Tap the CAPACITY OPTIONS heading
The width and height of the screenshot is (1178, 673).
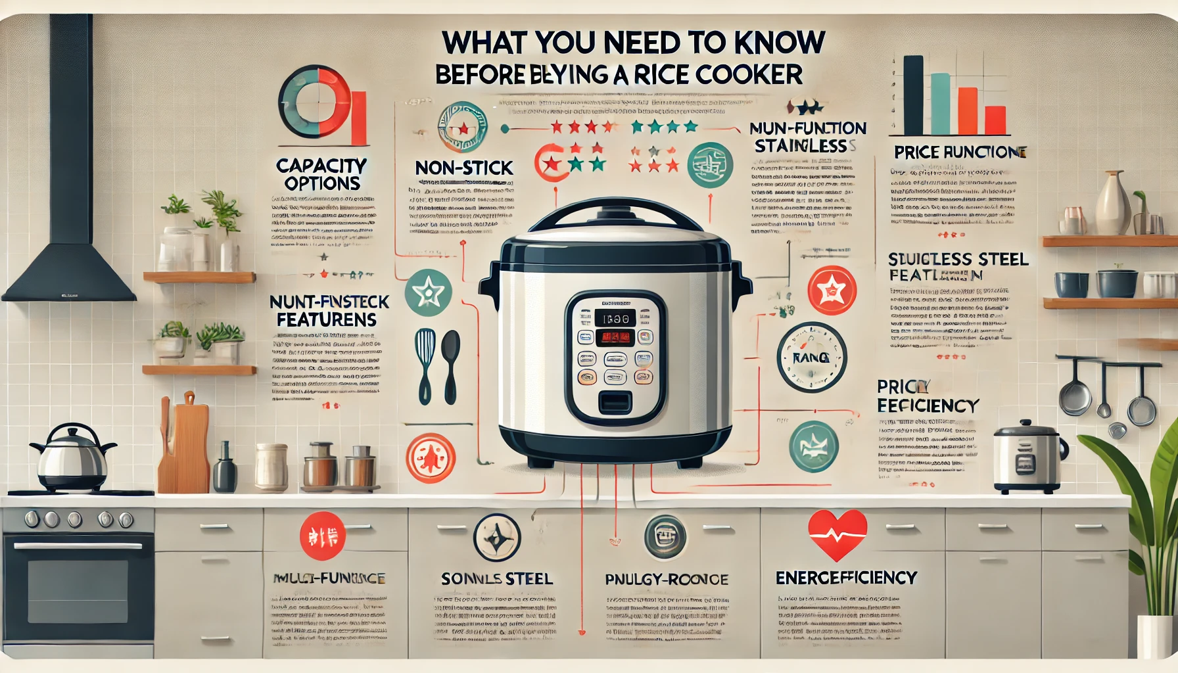321,174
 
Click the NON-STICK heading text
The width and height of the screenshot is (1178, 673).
463,168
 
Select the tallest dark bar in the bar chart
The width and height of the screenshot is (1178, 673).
913,95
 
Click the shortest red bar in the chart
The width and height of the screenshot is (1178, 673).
996,120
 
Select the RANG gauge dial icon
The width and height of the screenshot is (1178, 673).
811,357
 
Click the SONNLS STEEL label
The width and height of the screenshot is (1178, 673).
496,579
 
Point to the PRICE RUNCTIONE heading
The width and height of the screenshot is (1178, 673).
960,152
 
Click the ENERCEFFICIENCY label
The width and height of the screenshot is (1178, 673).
846,578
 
